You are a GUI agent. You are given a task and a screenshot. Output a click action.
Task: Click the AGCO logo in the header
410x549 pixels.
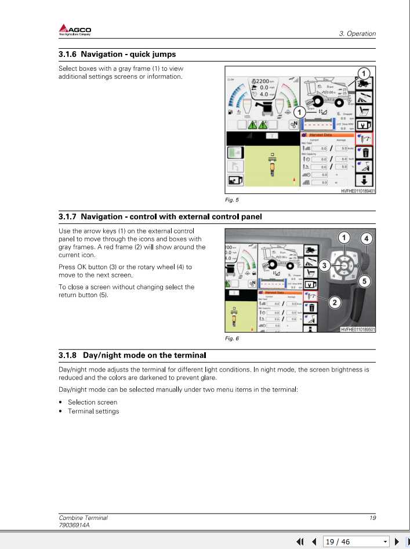[x=75, y=30]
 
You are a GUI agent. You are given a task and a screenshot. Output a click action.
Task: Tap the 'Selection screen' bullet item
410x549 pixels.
[x=92, y=402]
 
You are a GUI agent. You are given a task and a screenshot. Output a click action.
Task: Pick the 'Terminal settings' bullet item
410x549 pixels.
[x=93, y=411]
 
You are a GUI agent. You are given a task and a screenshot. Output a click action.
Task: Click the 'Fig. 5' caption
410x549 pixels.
[x=231, y=200]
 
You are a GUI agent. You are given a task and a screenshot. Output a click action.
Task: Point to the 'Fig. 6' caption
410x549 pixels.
[x=231, y=338]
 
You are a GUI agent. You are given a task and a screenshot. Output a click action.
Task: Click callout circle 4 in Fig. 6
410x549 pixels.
[x=366, y=238]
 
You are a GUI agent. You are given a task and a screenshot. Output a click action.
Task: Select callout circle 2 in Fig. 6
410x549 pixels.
[x=335, y=302]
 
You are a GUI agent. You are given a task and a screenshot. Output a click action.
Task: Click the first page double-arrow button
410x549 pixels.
[x=300, y=541]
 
